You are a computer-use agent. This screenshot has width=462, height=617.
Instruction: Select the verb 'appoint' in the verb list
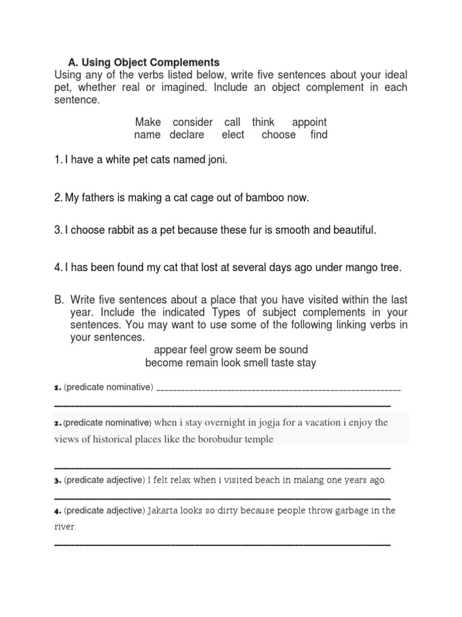tap(309, 122)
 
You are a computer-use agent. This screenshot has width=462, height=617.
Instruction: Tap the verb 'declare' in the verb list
tap(186, 135)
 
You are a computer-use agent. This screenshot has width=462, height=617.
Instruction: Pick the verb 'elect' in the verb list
tap(233, 135)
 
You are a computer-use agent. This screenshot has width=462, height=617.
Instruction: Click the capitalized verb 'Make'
tap(148, 122)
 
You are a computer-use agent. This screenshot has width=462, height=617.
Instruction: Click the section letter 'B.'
tap(59, 299)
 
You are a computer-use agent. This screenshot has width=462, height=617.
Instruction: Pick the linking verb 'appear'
tap(170, 350)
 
